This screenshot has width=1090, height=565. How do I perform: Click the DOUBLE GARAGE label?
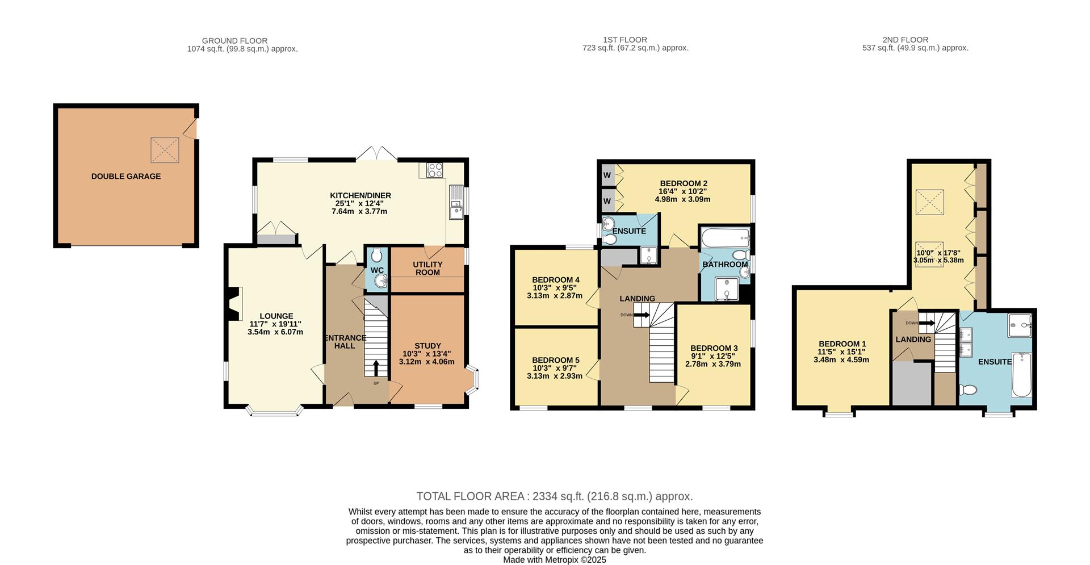(126, 177)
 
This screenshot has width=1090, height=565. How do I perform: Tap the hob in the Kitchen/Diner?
(435, 170)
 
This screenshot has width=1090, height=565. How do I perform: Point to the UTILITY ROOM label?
(427, 269)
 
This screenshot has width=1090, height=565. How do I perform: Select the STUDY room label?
(427, 346)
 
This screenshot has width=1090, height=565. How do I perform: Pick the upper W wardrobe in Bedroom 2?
(607, 175)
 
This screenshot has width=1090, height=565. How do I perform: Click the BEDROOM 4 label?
(555, 280)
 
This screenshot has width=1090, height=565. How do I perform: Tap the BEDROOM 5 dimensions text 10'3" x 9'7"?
(555, 368)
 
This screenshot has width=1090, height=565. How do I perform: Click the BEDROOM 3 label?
(714, 348)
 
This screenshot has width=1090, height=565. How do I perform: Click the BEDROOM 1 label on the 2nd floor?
(842, 344)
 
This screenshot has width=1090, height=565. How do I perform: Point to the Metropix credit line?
(554, 560)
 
